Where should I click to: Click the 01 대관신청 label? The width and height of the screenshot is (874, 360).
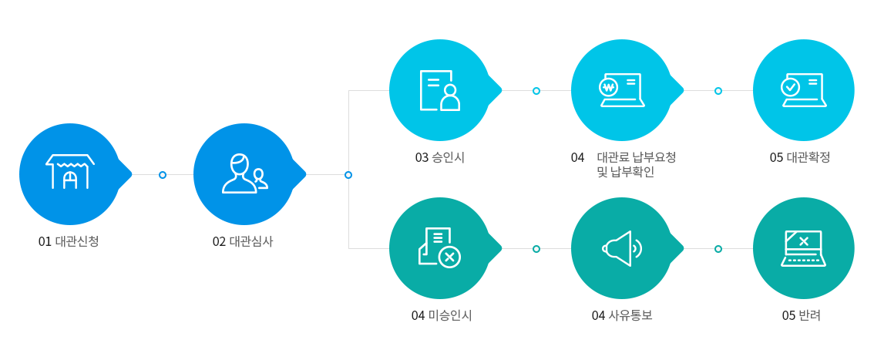(69, 242)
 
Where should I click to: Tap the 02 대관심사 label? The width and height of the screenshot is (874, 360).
(243, 242)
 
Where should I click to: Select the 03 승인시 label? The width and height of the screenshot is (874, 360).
(440, 158)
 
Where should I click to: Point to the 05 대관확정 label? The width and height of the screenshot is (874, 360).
(801, 158)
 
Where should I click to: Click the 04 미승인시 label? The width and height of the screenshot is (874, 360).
(442, 315)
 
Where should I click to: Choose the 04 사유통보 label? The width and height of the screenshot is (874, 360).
(622, 315)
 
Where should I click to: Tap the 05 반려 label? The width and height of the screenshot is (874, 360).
(802, 315)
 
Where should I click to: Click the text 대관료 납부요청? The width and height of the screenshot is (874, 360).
(636, 158)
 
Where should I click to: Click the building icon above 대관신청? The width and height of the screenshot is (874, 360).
(69, 172)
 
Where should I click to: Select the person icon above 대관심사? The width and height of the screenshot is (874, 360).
(244, 173)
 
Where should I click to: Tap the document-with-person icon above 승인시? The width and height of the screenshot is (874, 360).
(440, 90)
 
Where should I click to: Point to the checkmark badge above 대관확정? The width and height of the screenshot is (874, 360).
(790, 87)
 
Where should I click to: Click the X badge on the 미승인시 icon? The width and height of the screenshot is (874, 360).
(449, 257)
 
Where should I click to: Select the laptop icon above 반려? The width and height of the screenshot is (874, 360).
(803, 248)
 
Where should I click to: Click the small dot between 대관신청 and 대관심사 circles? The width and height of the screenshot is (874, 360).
(163, 175)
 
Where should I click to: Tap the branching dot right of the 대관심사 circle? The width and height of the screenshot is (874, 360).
(348, 175)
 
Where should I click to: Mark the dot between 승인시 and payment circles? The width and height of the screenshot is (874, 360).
(536, 91)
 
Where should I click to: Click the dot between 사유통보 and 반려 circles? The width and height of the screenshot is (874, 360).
(718, 249)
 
